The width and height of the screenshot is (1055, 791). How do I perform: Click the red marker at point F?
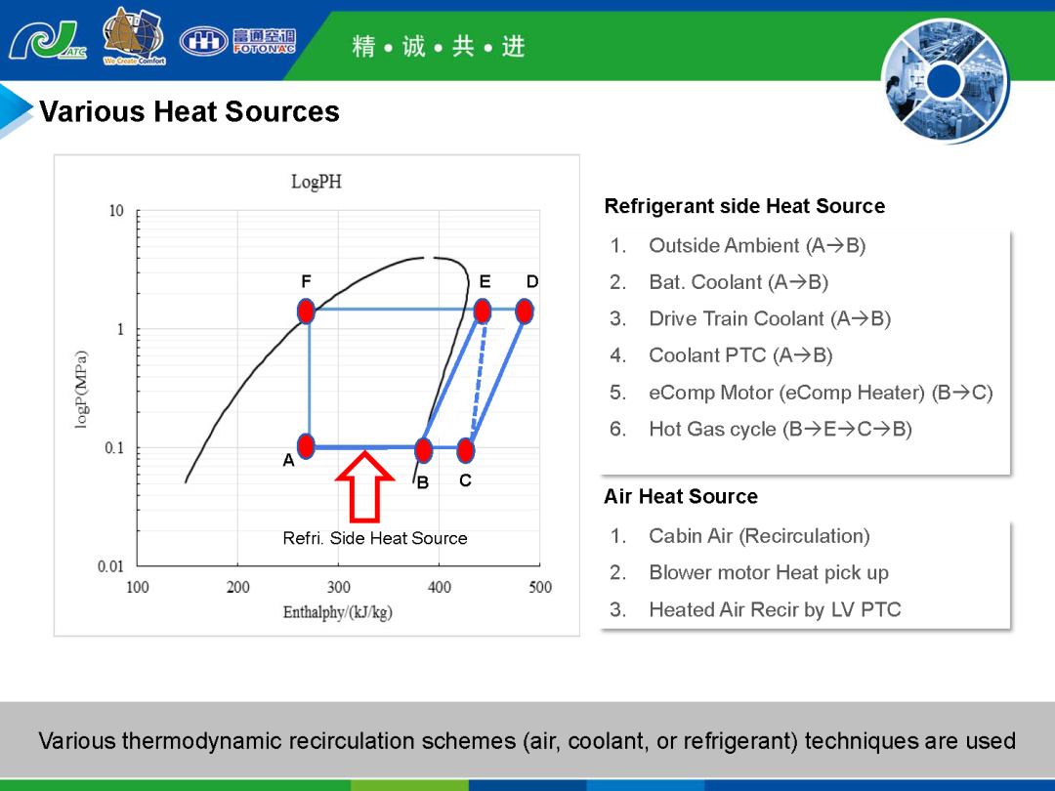(x=306, y=312)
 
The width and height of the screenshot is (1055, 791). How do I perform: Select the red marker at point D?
(x=525, y=312)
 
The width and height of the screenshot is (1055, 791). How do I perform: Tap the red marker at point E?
(x=483, y=312)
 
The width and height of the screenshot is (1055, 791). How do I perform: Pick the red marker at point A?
(x=306, y=446)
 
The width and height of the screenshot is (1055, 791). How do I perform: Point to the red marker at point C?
(x=466, y=450)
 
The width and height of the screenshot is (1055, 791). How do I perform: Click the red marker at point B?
(x=423, y=450)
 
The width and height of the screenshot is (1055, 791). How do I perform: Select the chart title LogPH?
(x=316, y=182)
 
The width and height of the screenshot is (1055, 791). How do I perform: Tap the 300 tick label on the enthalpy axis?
(x=338, y=587)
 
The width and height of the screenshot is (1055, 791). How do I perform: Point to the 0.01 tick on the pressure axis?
(x=111, y=566)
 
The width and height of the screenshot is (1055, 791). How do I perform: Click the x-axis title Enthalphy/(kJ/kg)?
(x=337, y=612)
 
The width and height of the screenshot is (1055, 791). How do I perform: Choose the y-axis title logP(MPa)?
(x=81, y=390)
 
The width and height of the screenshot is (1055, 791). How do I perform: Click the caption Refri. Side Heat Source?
(x=375, y=538)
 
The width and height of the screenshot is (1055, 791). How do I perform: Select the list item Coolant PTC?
(x=740, y=355)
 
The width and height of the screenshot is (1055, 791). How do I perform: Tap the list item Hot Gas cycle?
(x=781, y=429)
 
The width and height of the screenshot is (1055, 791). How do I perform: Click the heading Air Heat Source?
(x=681, y=496)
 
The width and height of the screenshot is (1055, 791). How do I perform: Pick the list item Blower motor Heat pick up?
(x=769, y=573)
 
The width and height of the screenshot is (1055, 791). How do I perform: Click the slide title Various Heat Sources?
(x=190, y=111)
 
